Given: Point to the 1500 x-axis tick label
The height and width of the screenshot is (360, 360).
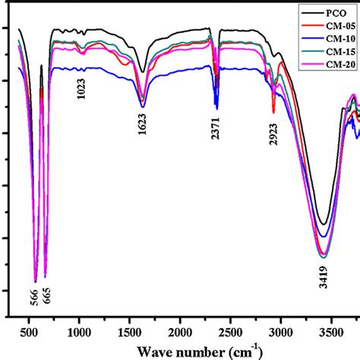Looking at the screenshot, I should click(x=130, y=333).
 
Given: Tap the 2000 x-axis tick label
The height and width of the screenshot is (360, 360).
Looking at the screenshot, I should click(x=180, y=333).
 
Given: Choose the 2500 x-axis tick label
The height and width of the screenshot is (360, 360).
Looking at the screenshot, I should click(x=230, y=333).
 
